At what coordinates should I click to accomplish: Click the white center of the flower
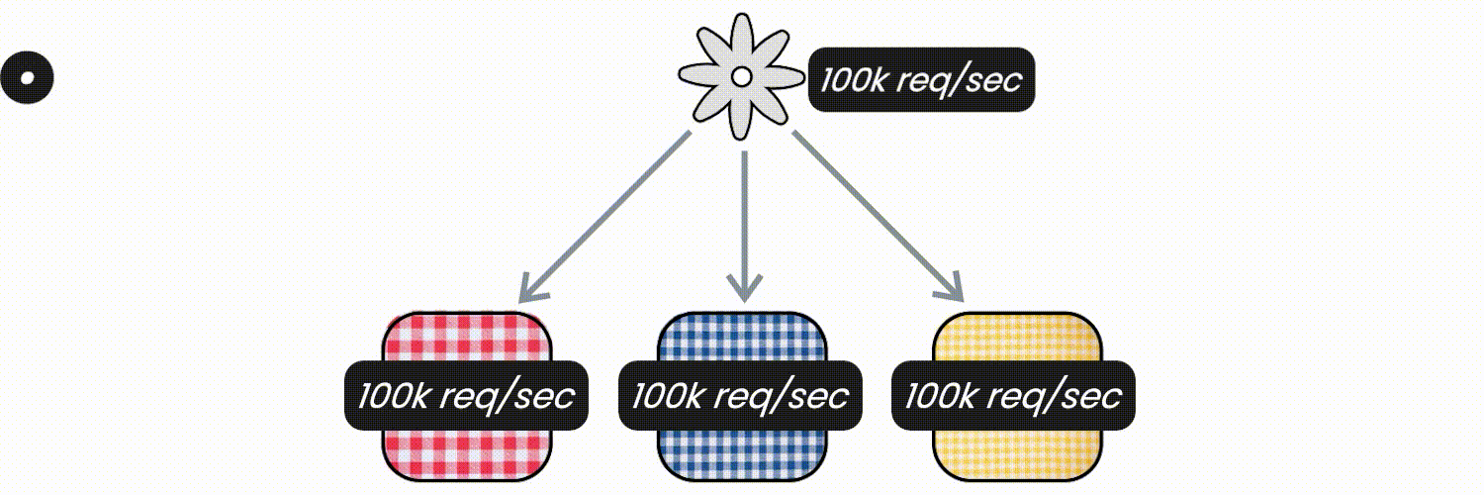point(741,77)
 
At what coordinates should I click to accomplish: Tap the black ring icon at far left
point(27,77)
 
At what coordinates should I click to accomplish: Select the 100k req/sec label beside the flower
point(921,79)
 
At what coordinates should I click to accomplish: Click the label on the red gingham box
point(466,396)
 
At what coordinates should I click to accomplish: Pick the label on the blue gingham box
point(740,396)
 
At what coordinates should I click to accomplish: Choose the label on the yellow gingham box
point(1014,396)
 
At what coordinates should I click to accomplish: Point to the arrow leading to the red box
point(604,217)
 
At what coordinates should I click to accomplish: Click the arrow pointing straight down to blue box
point(745,227)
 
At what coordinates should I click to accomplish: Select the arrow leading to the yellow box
point(878,217)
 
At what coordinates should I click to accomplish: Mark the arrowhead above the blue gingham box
point(745,289)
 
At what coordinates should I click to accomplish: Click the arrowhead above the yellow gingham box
point(952,290)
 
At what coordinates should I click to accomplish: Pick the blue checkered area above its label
point(742,337)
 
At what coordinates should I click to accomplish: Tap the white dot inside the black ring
point(27,77)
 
